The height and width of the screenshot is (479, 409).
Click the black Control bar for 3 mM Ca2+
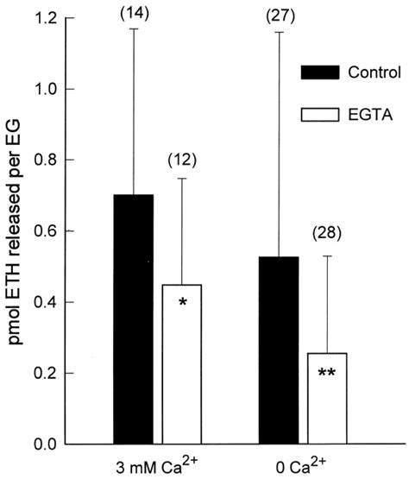pyautogui.click(x=133, y=319)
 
